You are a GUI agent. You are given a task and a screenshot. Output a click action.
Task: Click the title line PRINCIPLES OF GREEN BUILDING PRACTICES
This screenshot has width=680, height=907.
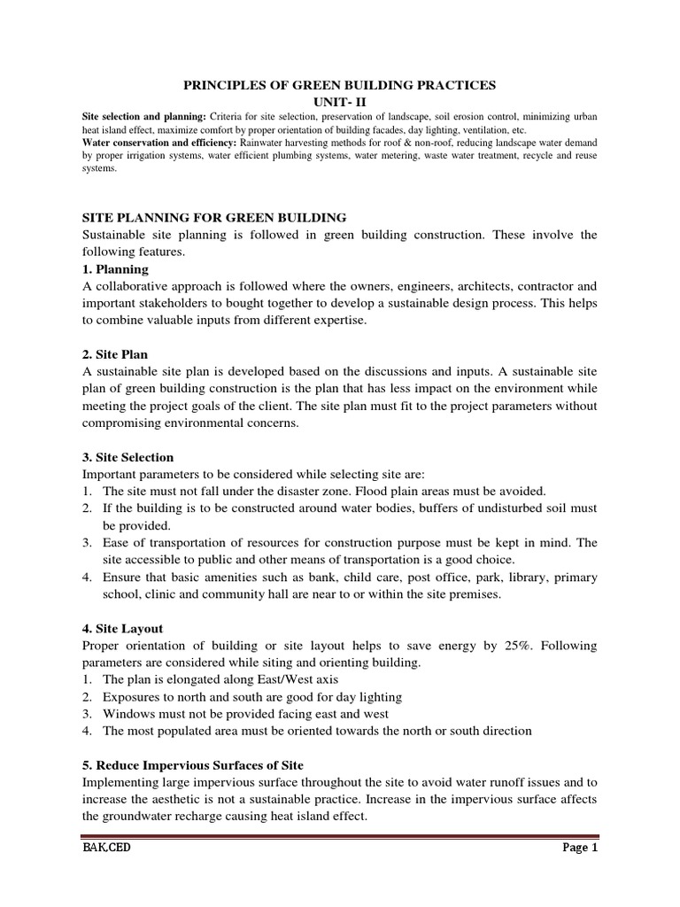pyautogui.click(x=339, y=85)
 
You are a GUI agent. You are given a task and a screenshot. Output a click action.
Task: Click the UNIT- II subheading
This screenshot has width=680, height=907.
pyautogui.click(x=339, y=102)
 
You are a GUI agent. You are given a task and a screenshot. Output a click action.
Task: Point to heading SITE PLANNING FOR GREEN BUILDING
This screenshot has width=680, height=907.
pyautogui.click(x=208, y=218)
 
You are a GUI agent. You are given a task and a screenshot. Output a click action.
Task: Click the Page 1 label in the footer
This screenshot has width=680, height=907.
pyautogui.click(x=581, y=848)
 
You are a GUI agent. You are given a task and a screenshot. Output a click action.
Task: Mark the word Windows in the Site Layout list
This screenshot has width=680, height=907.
pyautogui.click(x=129, y=714)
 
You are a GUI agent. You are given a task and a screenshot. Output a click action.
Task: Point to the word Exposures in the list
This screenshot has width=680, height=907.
pyautogui.click(x=134, y=697)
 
